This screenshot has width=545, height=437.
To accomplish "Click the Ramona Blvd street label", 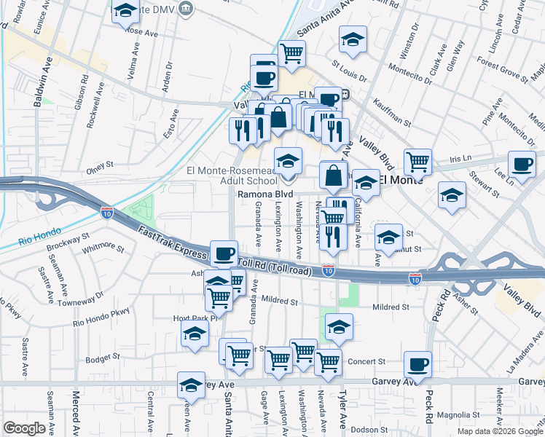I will [265, 195].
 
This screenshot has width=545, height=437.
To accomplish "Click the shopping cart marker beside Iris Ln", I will [417, 161].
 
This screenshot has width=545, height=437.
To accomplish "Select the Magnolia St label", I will [458, 415].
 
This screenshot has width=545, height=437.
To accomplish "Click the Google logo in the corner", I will [24, 428].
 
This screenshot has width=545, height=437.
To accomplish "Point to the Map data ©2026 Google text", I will [500, 431].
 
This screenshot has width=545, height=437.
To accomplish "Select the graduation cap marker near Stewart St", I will [452, 194].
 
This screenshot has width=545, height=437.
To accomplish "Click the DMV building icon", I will [187, 9].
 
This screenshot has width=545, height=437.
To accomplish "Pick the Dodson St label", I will [368, 429].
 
